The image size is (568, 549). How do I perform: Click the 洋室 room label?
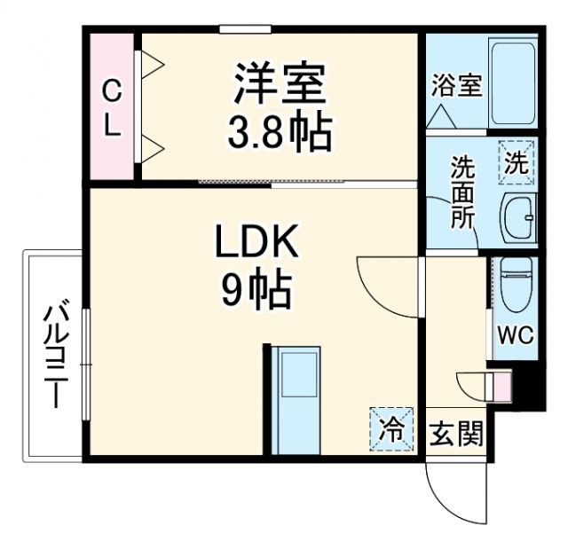point(280,86)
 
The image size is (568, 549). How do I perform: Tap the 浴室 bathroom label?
point(457,87)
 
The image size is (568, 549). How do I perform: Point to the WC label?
point(514,337)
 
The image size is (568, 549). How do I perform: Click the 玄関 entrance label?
point(457,435)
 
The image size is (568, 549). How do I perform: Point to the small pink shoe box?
point(502,387)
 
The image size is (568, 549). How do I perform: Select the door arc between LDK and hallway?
point(383,282)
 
